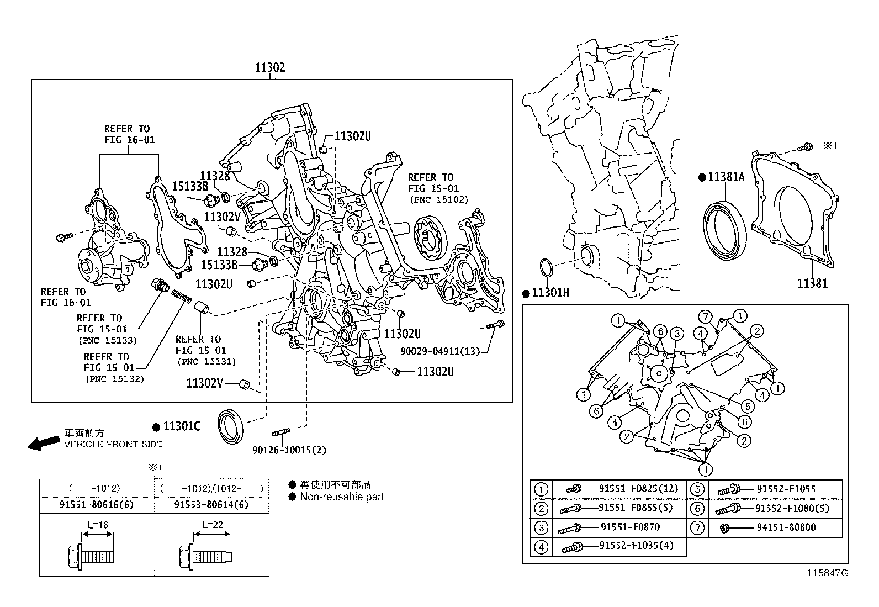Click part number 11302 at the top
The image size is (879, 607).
tap(269, 67)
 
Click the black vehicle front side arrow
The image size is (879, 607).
tap(43, 442)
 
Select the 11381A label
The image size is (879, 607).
tap(726, 177)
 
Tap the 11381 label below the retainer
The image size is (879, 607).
tap(812, 283)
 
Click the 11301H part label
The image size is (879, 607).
tap(550, 293)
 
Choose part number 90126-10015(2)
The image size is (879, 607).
tap(289, 450)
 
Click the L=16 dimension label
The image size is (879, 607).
tap(97, 525)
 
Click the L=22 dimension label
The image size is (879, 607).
tap(212, 525)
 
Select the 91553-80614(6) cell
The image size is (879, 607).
tap(211, 505)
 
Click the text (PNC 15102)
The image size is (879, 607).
tap(438, 199)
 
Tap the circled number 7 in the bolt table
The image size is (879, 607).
tap(698, 528)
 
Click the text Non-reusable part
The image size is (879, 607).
tap(342, 497)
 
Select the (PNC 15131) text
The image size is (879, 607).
tap(206, 362)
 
